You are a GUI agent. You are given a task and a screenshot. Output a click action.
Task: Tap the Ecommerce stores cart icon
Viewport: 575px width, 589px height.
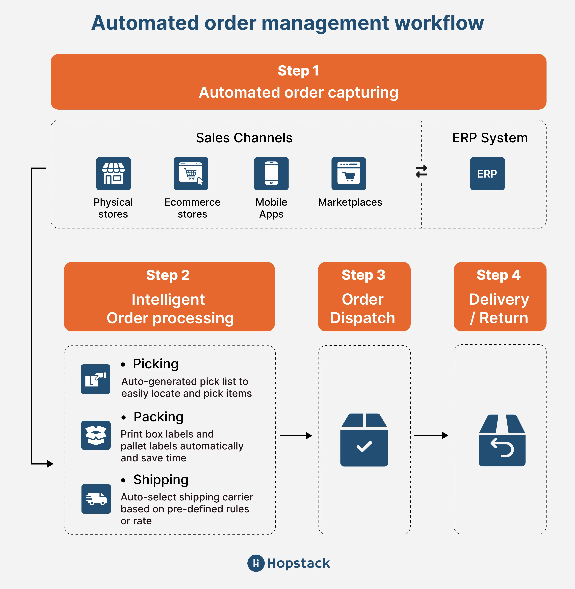coord(191,174)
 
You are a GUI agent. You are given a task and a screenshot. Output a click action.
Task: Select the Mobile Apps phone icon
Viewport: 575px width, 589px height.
coord(271,174)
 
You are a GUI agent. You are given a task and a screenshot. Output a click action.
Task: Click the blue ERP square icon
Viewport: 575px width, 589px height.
coord(487,174)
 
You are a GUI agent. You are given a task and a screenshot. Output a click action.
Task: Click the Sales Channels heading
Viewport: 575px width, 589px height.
coord(244,138)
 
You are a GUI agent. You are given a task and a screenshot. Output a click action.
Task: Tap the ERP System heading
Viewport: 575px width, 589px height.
coord(490,138)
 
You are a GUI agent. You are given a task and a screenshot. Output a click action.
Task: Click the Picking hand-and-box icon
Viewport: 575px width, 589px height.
coord(95,379)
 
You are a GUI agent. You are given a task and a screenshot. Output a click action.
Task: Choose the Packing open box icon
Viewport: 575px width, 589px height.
coord(96,435)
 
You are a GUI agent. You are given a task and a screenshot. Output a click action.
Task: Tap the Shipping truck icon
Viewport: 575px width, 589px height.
coord(96,499)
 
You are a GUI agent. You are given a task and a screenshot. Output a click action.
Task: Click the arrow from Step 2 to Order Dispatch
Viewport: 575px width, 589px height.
coord(296,436)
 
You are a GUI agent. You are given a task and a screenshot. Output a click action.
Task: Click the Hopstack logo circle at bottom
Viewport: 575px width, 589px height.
coord(256,563)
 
